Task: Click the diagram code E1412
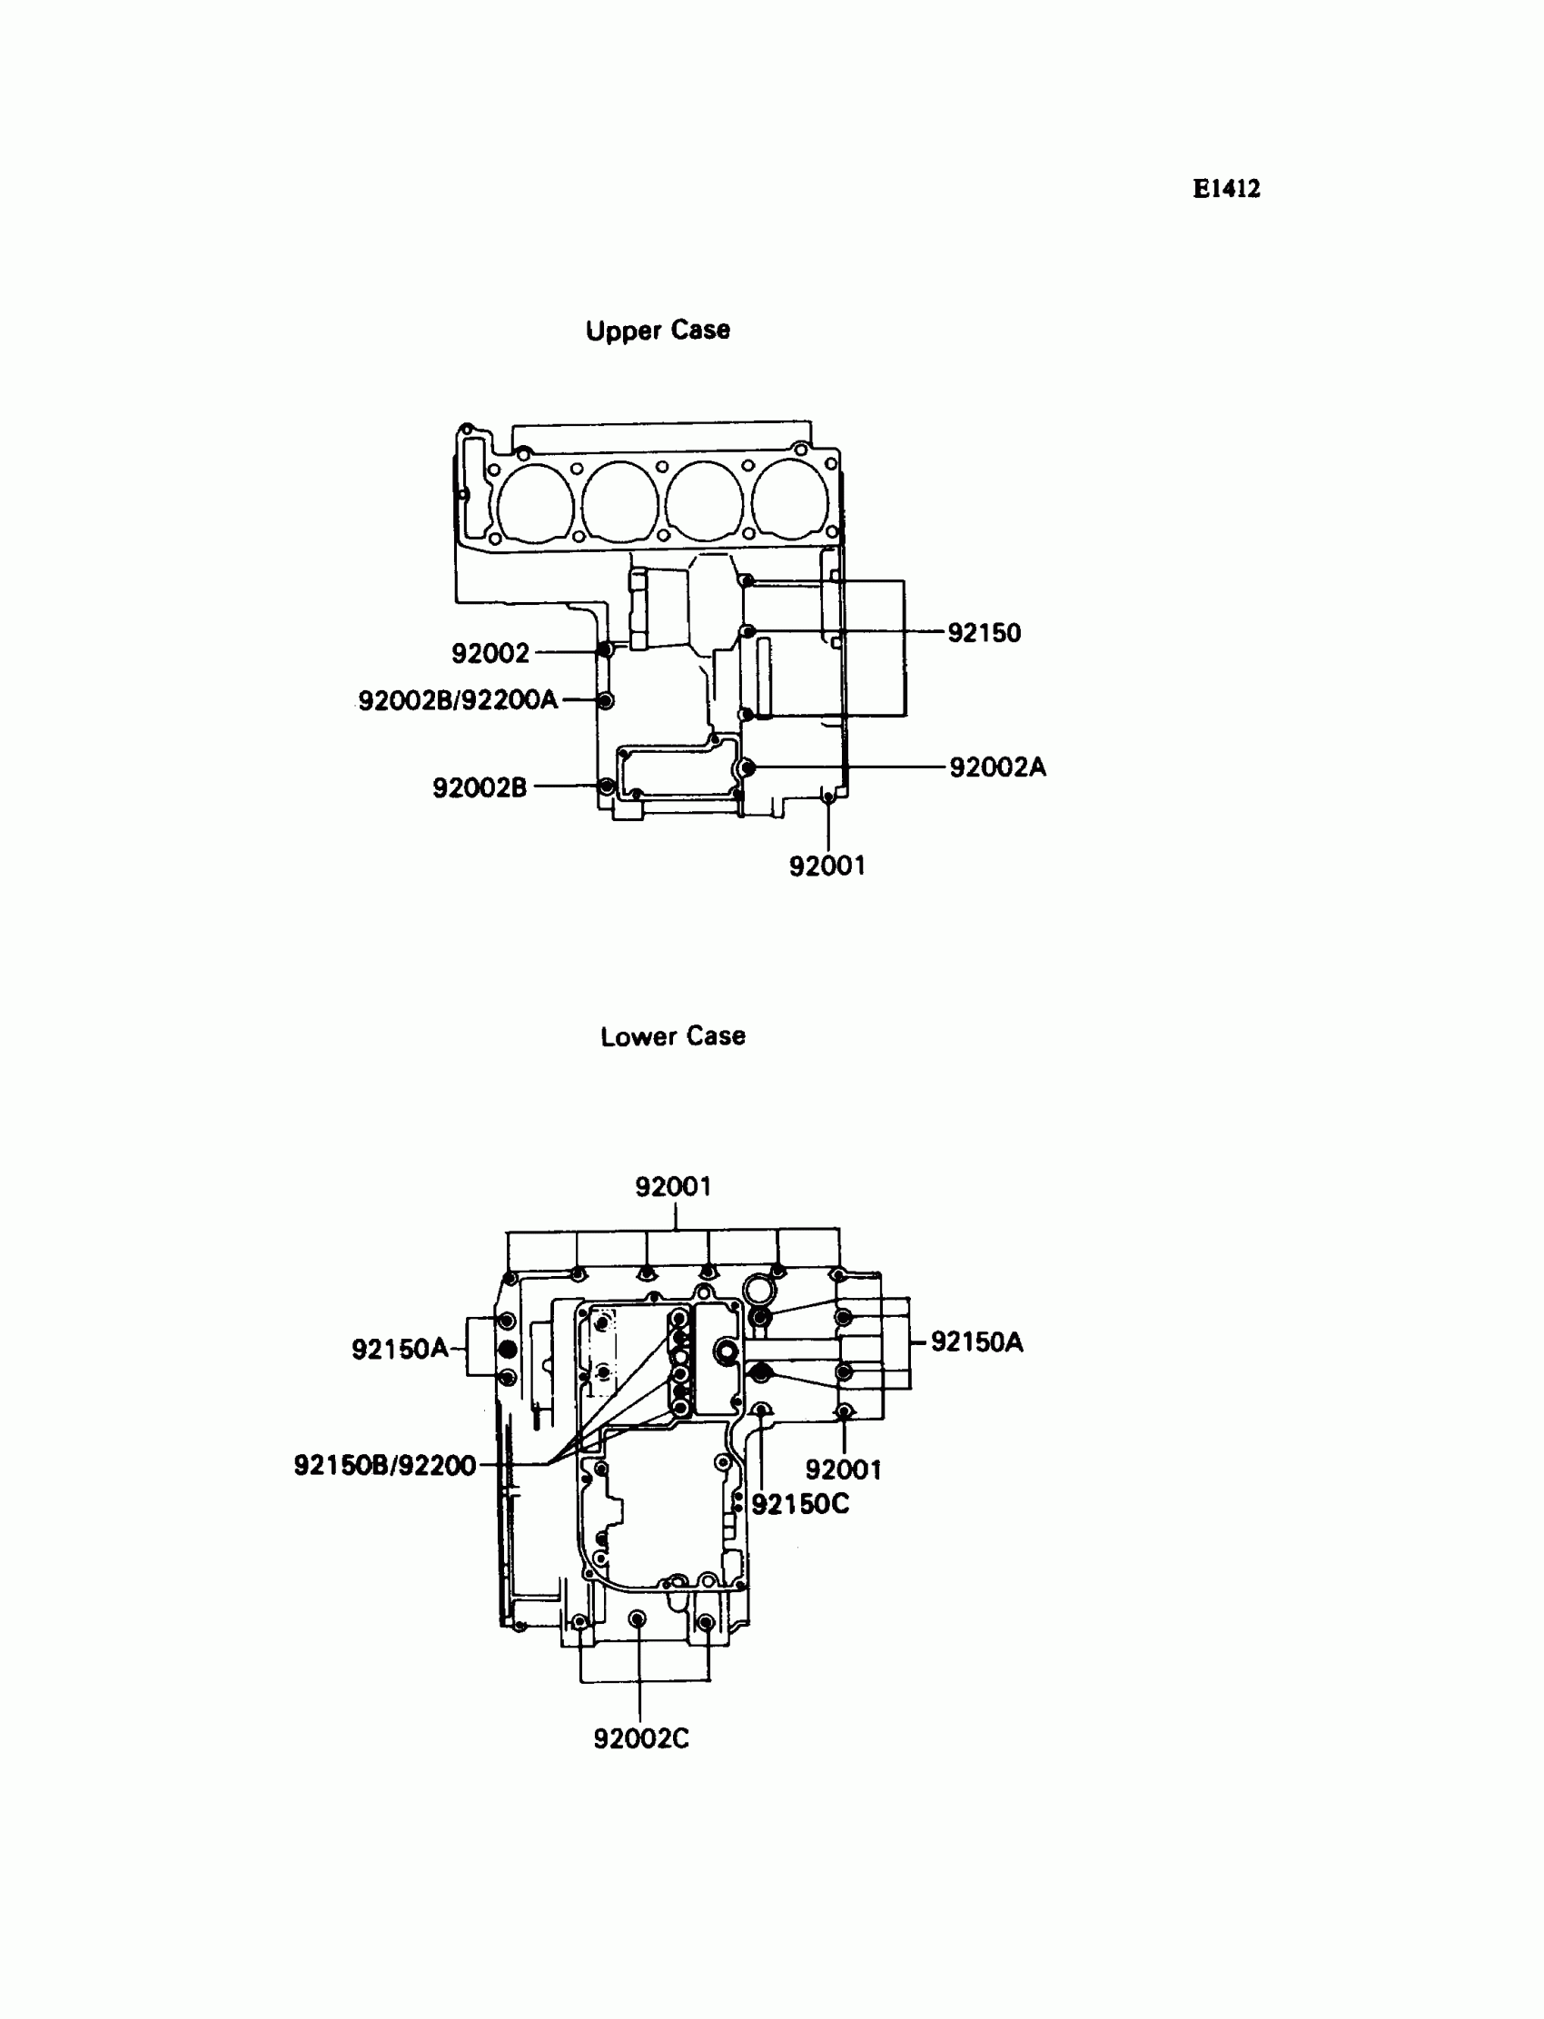click(x=1226, y=189)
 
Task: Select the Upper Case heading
click(x=658, y=330)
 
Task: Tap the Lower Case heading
click(x=673, y=1035)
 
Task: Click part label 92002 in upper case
click(x=490, y=653)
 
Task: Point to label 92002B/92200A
click(x=458, y=700)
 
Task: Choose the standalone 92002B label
click(x=480, y=787)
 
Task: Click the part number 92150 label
click(x=985, y=633)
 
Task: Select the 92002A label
click(x=997, y=767)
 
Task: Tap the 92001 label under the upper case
click(x=827, y=866)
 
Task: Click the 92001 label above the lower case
click(x=674, y=1186)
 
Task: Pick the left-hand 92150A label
click(x=400, y=1349)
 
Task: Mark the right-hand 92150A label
click(x=977, y=1341)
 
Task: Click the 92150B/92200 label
click(x=385, y=1465)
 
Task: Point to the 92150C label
click(x=800, y=1504)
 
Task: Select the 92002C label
click(x=641, y=1738)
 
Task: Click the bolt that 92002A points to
click(x=748, y=767)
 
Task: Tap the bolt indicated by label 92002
click(x=605, y=650)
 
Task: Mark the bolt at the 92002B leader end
click(x=606, y=787)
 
